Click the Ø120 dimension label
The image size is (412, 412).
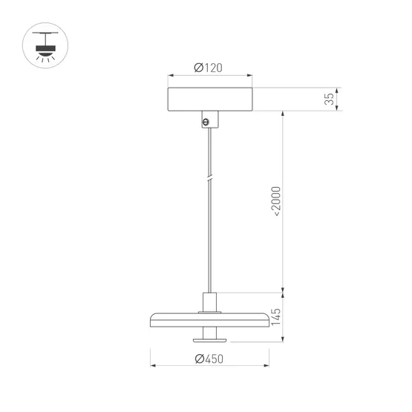[208, 68]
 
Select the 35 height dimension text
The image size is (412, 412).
[330, 99]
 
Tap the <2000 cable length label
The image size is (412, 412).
[276, 200]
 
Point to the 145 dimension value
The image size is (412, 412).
[276, 317]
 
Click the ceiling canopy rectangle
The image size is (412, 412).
[210, 99]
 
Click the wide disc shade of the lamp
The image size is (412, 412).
[210, 319]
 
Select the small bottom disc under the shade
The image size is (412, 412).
[210, 340]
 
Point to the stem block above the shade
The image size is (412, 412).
[210, 302]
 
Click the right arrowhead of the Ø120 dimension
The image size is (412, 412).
[249, 76]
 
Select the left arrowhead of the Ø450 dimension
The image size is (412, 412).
[154, 367]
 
